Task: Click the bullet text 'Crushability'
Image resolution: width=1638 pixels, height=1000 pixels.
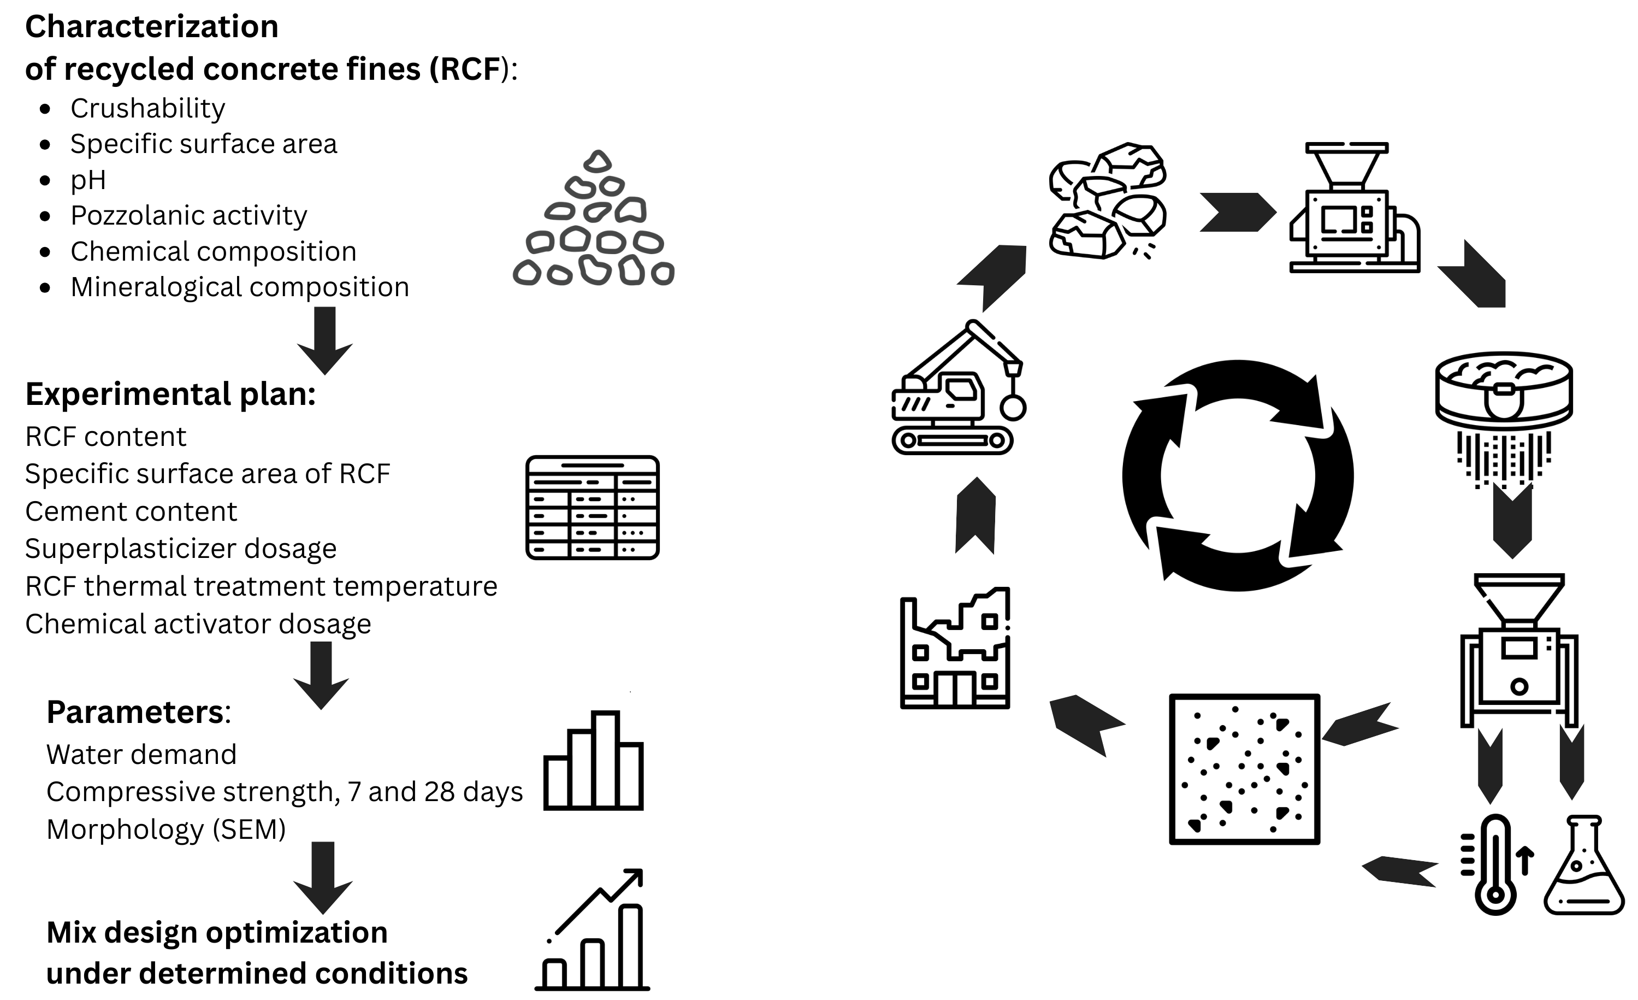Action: (147, 108)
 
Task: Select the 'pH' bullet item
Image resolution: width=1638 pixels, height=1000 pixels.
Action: (88, 180)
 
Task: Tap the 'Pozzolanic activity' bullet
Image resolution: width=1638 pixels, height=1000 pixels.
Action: (189, 215)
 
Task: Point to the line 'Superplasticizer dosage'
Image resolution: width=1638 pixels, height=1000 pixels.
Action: (181, 549)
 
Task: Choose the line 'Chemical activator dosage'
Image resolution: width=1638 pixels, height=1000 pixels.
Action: (198, 623)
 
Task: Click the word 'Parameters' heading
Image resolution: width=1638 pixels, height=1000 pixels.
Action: (135, 712)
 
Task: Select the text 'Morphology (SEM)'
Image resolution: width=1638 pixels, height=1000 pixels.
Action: (166, 829)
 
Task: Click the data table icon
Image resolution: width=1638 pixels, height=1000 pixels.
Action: (592, 507)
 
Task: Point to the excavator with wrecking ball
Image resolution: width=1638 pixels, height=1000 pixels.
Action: (957, 389)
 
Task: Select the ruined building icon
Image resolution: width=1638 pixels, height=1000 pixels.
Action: (955, 648)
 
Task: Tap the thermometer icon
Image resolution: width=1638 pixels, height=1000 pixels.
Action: (1494, 865)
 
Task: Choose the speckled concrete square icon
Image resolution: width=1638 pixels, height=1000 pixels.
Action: (1244, 769)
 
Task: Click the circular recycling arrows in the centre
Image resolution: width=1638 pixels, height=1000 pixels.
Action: (1237, 475)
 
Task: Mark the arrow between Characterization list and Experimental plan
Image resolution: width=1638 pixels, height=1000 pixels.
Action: (324, 340)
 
